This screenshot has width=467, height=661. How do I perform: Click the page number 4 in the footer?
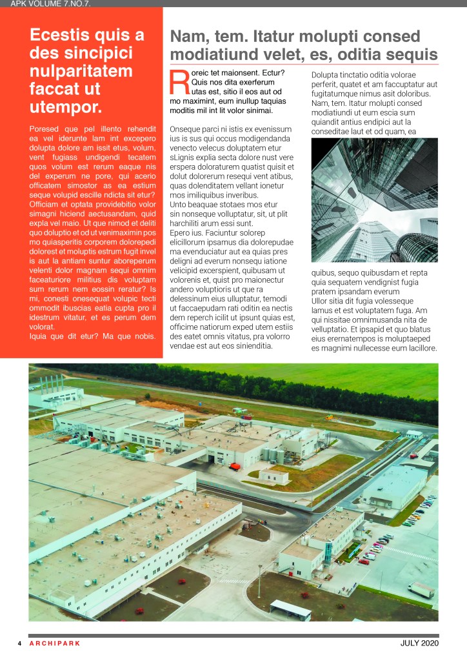tap(19, 644)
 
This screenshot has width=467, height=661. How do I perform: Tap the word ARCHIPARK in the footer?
tap(55, 644)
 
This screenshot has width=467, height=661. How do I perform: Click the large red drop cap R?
tap(179, 82)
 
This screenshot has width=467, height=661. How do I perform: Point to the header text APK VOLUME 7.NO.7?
tap(50, 4)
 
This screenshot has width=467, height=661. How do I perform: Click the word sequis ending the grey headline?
tap(415, 55)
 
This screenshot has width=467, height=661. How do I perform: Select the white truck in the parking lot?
tap(421, 589)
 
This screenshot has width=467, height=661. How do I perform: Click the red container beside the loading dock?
tap(235, 465)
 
